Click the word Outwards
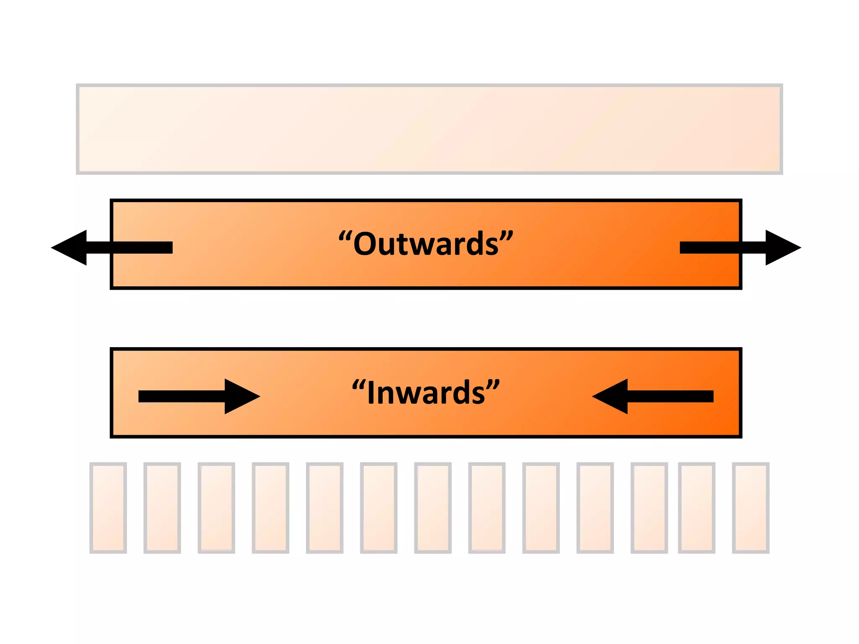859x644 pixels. (x=426, y=244)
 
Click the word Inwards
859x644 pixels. (x=426, y=392)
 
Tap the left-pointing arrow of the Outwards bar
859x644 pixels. (x=112, y=247)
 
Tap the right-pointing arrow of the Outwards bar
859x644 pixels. (x=740, y=247)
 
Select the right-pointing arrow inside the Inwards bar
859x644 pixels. (x=199, y=396)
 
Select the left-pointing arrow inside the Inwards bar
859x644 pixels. (x=653, y=396)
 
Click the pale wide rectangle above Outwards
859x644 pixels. (x=429, y=129)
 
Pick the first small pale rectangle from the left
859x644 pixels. (x=108, y=508)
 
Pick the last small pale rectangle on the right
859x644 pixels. (x=750, y=508)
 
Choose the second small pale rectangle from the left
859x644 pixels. (x=162, y=508)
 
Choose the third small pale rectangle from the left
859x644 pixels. (x=216, y=508)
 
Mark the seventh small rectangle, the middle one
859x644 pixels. (x=433, y=508)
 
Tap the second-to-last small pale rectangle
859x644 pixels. (x=696, y=508)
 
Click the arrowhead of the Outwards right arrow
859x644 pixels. (x=782, y=247)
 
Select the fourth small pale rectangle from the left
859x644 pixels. (x=271, y=508)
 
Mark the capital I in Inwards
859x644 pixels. (x=370, y=392)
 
